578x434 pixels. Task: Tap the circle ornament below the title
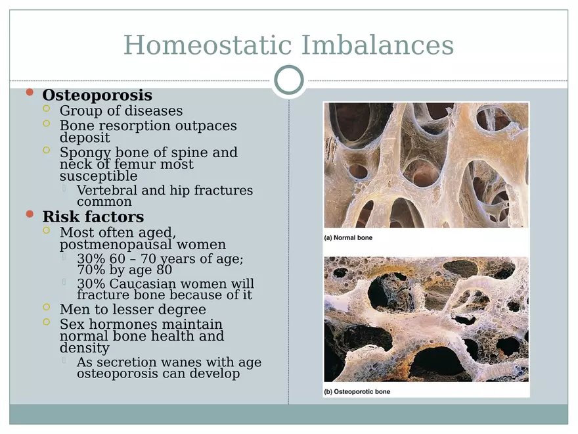(289, 81)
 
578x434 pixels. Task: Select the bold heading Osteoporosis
(97, 95)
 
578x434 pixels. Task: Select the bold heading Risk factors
(93, 216)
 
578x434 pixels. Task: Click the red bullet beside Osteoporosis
(29, 93)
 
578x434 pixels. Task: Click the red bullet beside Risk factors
(29, 214)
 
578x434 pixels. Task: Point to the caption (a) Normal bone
(348, 237)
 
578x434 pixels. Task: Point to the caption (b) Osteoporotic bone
(357, 392)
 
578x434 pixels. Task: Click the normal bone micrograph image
(426, 164)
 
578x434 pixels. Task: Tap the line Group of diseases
(121, 110)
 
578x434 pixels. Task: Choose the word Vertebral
(107, 190)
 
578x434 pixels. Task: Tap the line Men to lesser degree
(133, 309)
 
